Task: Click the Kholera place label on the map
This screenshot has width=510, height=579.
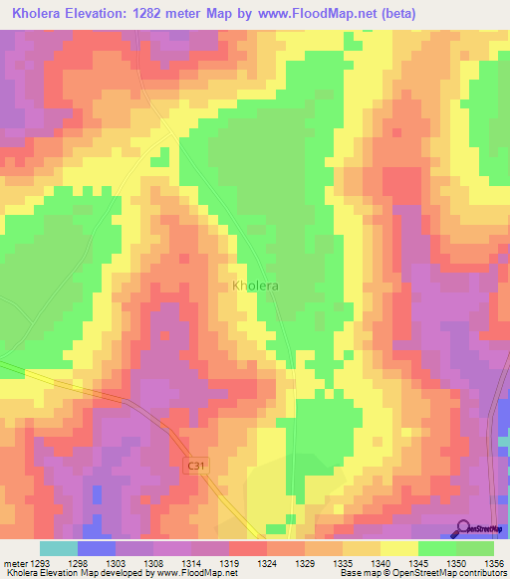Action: (x=255, y=286)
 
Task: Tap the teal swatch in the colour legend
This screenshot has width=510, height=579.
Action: (x=58, y=548)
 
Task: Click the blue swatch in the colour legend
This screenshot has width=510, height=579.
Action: (x=96, y=548)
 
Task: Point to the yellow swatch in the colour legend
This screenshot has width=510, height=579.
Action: (x=398, y=548)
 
